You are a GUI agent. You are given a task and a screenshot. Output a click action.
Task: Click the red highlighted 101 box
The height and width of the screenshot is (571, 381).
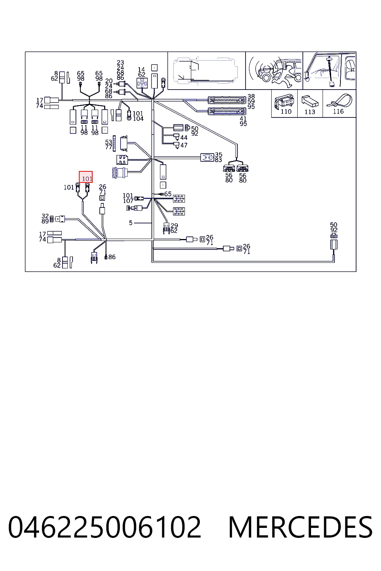click(x=86, y=177)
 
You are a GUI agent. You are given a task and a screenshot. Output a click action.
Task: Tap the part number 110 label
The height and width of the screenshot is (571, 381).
click(x=286, y=112)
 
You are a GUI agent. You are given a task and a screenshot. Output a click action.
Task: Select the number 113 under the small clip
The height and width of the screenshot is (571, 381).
click(x=310, y=112)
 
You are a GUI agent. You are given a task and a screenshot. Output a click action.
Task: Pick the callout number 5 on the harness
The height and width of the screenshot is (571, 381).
click(x=131, y=223)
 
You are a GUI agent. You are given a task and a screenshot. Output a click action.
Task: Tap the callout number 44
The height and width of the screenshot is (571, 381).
click(x=184, y=138)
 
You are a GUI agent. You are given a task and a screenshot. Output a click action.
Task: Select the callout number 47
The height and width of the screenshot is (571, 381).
click(x=184, y=145)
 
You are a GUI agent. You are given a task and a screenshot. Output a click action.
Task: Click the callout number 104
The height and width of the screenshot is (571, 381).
click(x=138, y=119)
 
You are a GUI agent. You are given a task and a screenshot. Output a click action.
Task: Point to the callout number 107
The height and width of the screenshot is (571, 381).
click(x=128, y=201)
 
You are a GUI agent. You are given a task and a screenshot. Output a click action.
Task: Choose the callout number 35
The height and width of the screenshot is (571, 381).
click(x=219, y=155)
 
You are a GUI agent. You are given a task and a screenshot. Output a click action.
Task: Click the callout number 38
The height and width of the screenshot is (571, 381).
click(x=251, y=96)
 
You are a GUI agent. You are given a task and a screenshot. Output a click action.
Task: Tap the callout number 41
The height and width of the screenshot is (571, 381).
click(x=243, y=119)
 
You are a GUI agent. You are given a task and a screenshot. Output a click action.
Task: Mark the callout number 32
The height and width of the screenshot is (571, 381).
click(x=45, y=216)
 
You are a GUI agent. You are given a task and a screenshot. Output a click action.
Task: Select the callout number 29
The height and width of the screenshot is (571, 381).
click(x=174, y=226)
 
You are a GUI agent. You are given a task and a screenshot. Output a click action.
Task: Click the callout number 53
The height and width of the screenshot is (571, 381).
click(x=109, y=142)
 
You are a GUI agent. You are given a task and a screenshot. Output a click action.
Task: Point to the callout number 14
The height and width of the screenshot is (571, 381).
click(x=141, y=70)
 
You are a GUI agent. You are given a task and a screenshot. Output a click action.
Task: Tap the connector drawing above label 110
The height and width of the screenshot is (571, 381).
click(x=284, y=101)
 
